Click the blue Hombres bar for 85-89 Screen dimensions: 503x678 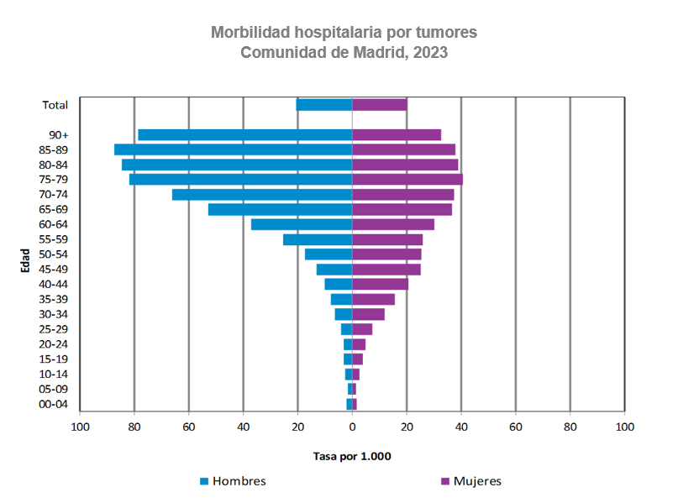tap(233, 149)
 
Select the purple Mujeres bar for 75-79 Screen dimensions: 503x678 tap(407, 179)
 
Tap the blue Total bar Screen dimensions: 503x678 tap(323, 105)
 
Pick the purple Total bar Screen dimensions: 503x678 tap(379, 105)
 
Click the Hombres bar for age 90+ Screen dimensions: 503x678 tap(244, 134)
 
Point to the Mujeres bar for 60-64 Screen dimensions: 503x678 tap(393, 224)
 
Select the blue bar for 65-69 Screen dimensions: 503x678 tap(280, 209)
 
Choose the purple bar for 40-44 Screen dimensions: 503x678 tap(380, 284)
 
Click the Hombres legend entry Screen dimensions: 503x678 tap(232, 481)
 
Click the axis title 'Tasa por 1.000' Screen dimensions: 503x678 tap(352, 457)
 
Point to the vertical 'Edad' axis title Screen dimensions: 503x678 tap(26, 260)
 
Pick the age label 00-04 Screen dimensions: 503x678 tap(54, 404)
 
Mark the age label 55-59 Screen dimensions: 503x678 tap(54, 239)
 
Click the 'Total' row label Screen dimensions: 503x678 tap(55, 105)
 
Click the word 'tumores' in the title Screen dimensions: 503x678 tap(446, 33)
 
